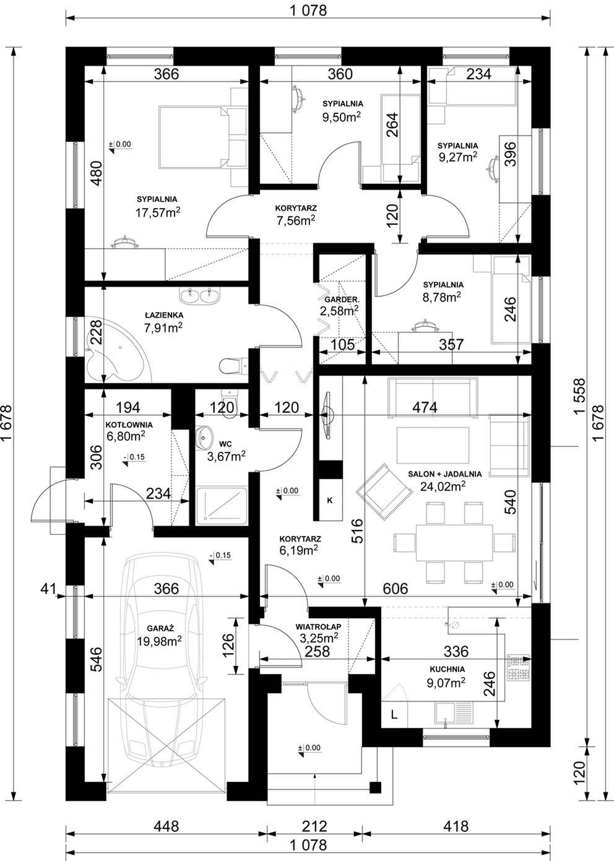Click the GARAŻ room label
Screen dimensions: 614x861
pyautogui.click(x=160, y=629)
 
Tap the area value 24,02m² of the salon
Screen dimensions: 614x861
pyautogui.click(x=443, y=487)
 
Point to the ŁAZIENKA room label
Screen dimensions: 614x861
pyautogui.click(x=164, y=315)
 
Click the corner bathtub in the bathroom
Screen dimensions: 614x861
pyautogui.click(x=115, y=352)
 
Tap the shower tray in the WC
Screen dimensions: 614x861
pyautogui.click(x=221, y=506)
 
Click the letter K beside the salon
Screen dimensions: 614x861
pyautogui.click(x=329, y=501)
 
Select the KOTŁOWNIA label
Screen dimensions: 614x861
pyautogui.click(x=129, y=425)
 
